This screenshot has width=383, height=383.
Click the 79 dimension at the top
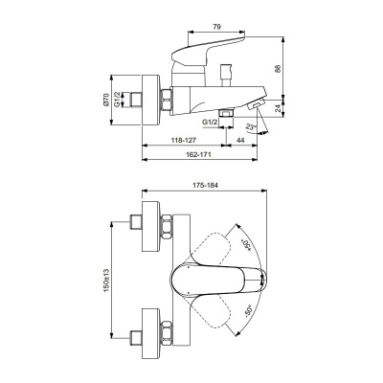pos(216,29)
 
